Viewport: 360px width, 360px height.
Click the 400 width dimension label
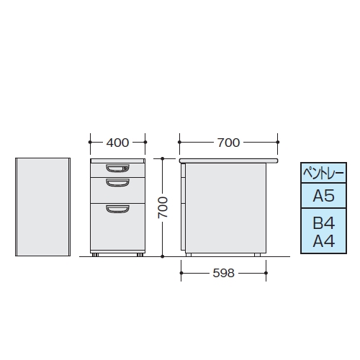pyautogui.click(x=117, y=143)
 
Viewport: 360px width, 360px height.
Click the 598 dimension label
pyautogui.click(x=223, y=273)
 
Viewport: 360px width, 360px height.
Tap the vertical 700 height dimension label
pyautogui.click(x=163, y=207)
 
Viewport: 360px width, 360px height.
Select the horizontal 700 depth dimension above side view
pyautogui.click(x=228, y=143)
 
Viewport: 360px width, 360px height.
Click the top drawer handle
pyautogui.click(x=117, y=168)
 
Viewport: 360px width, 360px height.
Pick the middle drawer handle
pyautogui.click(x=117, y=183)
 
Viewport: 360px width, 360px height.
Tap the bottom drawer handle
pyautogui.click(x=117, y=209)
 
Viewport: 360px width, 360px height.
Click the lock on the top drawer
pyautogui.click(x=125, y=168)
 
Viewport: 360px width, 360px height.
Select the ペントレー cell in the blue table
pyautogui.click(x=323, y=173)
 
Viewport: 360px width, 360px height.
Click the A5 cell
pyautogui.click(x=323, y=196)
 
